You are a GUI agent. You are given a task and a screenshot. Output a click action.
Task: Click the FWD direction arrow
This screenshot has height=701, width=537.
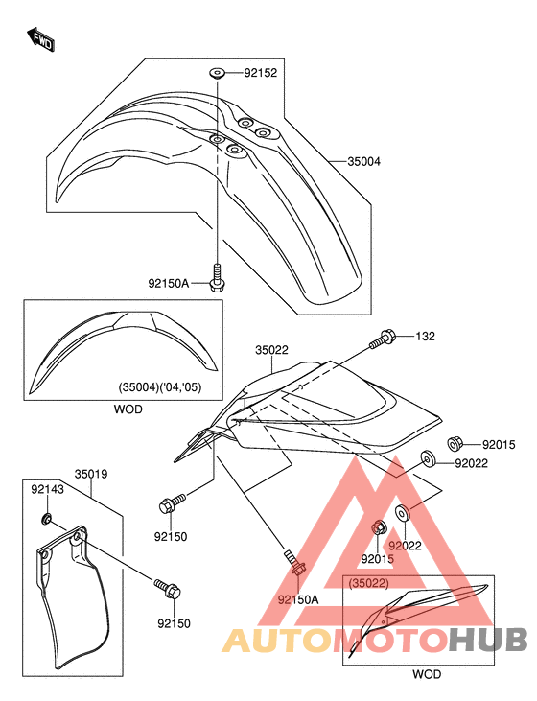click(40, 39)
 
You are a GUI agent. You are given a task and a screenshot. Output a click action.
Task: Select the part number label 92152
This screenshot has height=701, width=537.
click(260, 73)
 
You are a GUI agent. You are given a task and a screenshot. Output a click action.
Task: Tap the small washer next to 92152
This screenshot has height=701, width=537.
click(217, 73)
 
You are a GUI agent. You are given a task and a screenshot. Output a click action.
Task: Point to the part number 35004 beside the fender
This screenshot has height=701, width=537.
click(364, 161)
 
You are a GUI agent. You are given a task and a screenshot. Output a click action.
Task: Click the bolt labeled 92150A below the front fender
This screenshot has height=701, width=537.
click(218, 278)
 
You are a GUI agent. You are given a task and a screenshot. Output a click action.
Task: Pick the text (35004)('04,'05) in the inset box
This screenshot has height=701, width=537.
click(159, 387)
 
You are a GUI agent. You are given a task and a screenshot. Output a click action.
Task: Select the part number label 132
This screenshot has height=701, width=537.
click(425, 337)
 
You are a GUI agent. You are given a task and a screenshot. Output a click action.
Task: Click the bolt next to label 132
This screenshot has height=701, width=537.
click(382, 339)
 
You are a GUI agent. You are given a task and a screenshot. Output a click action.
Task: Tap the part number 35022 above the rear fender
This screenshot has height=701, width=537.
click(271, 350)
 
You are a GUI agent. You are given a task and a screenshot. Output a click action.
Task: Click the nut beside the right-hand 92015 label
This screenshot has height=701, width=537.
click(455, 444)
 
